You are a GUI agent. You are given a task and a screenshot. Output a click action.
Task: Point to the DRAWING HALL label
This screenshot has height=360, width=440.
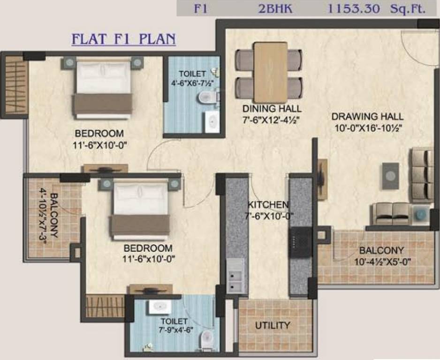point(367,116)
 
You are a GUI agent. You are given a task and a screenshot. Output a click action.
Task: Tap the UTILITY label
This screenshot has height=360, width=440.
point(273,325)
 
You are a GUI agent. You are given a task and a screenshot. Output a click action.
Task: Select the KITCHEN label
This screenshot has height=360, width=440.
point(268,205)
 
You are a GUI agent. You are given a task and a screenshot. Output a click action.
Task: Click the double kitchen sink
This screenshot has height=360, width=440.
point(234,276)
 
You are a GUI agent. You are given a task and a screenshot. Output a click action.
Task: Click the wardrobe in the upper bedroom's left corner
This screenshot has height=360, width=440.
point(16,85)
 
